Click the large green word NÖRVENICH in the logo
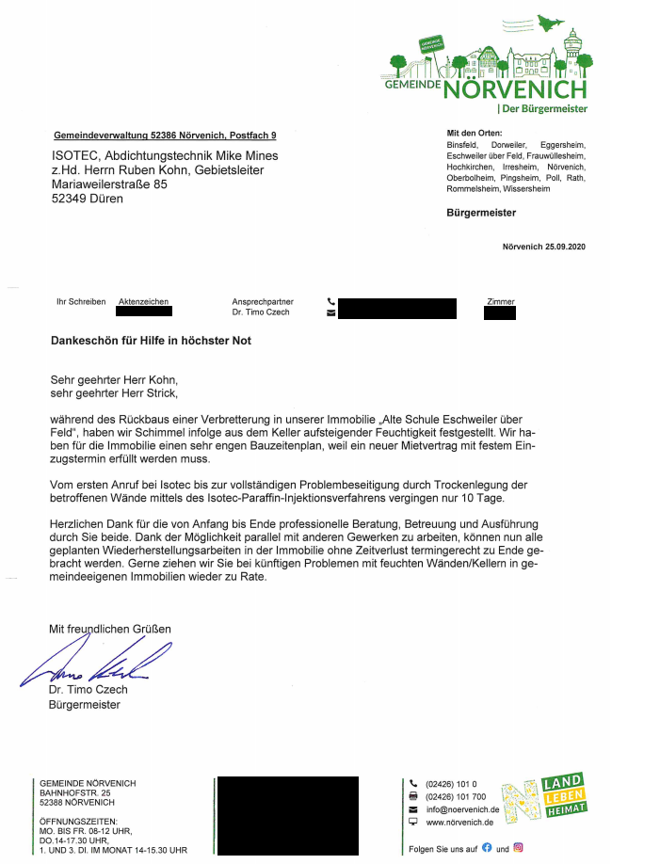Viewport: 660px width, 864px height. point(514,90)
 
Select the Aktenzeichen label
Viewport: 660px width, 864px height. point(144,302)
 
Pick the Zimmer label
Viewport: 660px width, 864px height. point(501,302)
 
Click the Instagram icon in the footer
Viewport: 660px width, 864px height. point(518,847)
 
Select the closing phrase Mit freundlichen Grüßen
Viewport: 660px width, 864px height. point(110,628)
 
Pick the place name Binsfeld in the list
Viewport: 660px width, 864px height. point(462,145)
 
